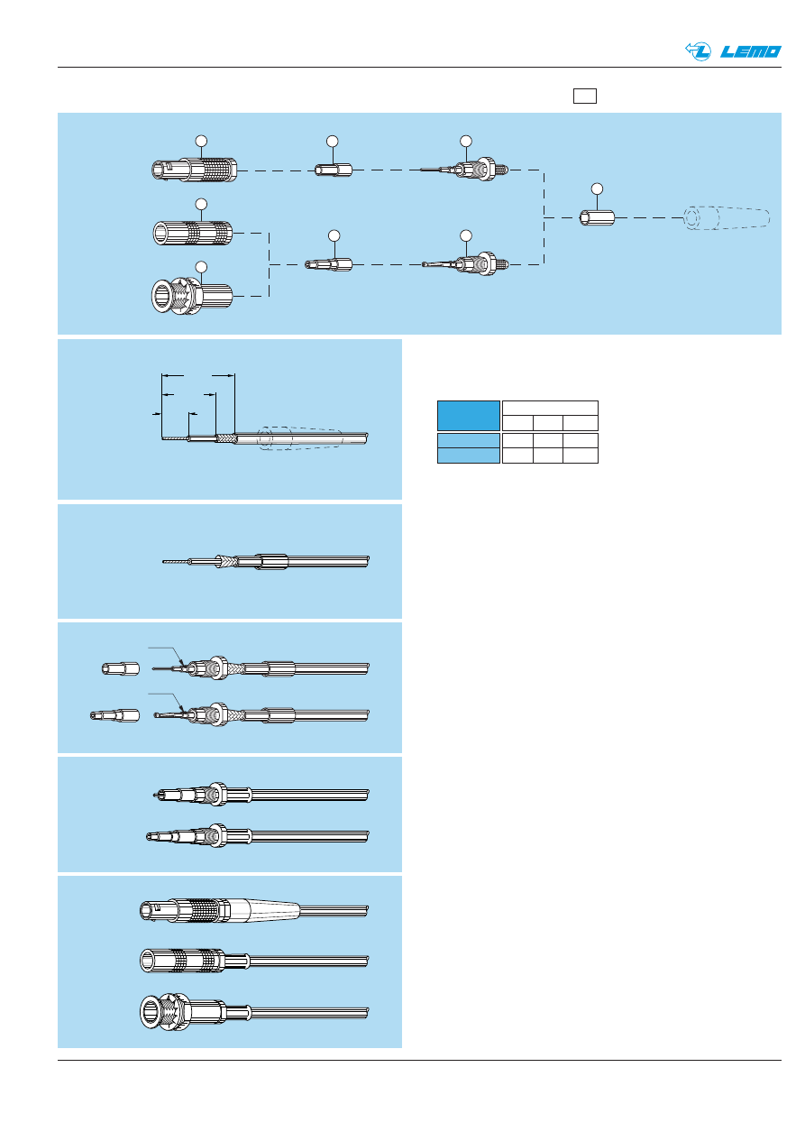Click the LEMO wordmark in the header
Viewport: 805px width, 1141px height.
(751, 51)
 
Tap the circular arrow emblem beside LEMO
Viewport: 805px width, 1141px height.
(699, 51)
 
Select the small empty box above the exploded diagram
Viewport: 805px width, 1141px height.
(585, 96)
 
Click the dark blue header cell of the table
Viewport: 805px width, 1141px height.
(468, 415)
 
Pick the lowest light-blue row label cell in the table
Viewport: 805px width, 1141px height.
(468, 455)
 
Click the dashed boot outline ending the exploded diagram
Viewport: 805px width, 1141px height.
(727, 218)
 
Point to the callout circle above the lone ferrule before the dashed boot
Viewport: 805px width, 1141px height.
(596, 188)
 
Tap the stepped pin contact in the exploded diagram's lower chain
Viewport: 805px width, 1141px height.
(330, 264)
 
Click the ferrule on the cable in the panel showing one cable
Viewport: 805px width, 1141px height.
(272, 561)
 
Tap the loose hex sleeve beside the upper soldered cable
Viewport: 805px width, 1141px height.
(120, 669)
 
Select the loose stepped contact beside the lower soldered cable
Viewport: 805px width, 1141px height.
(114, 715)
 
